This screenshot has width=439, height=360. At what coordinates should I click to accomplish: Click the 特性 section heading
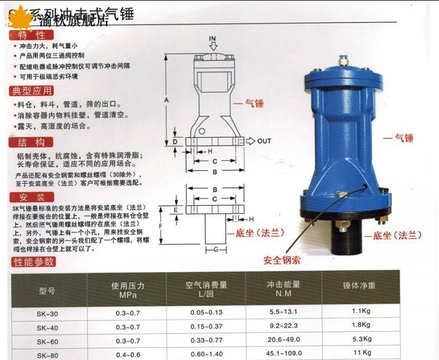tap(27, 35)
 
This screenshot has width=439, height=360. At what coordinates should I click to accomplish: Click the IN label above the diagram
tap(213, 39)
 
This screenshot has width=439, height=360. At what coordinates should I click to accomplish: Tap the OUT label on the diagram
tap(264, 141)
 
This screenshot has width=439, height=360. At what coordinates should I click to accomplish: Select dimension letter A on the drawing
tap(166, 99)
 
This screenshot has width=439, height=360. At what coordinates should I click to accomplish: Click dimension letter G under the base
tap(215, 249)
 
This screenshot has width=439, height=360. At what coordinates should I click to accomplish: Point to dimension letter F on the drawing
tap(179, 226)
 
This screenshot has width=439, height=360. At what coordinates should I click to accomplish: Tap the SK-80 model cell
tap(47, 355)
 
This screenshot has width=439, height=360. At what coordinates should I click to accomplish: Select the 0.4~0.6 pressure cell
tap(128, 355)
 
